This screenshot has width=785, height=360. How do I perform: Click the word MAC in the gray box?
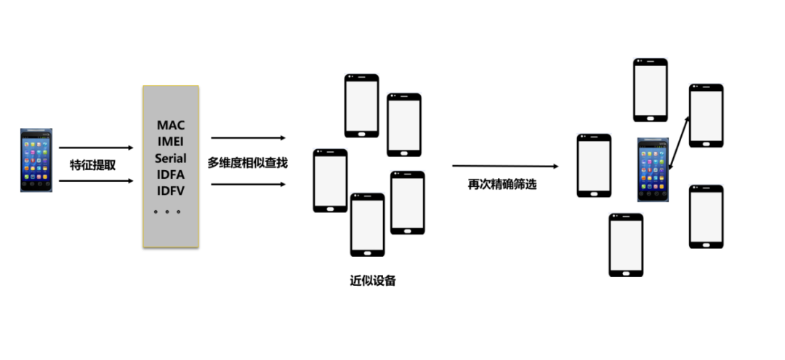[171, 125]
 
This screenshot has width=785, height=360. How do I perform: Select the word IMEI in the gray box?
[171, 141]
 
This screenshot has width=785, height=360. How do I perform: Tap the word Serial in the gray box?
[171, 158]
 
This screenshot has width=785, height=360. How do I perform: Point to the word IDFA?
[171, 175]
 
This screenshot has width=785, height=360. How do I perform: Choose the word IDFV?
[171, 191]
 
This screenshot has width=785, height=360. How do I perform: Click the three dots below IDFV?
[169, 212]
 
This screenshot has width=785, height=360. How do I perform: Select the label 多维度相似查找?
[247, 162]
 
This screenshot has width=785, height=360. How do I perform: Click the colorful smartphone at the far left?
[36, 160]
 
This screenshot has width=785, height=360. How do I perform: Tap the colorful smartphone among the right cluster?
[653, 170]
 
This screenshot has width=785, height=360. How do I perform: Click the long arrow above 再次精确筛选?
[504, 167]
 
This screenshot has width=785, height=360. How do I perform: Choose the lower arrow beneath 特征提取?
[96, 180]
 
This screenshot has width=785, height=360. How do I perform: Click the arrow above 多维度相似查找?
[248, 137]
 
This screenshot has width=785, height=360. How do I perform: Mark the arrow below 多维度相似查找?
[248, 184]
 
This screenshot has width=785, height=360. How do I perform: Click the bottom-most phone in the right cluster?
[626, 244]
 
